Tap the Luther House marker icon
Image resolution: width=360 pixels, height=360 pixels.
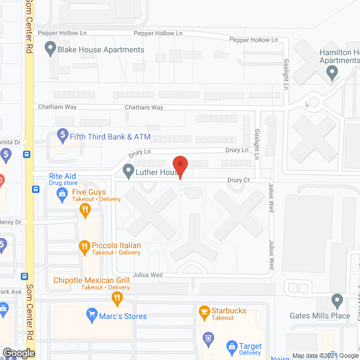point(128,169)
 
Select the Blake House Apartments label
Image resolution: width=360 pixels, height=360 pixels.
point(101,49)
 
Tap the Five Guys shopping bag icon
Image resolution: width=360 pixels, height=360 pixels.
point(62,195)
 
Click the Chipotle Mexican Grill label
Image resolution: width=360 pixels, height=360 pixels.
point(92,280)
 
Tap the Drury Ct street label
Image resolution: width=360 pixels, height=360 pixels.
point(238,181)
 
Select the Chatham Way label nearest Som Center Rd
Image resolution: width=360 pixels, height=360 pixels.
point(53,107)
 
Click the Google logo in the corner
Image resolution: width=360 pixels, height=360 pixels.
point(18,353)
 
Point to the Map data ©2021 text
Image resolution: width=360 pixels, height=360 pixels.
point(317,355)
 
